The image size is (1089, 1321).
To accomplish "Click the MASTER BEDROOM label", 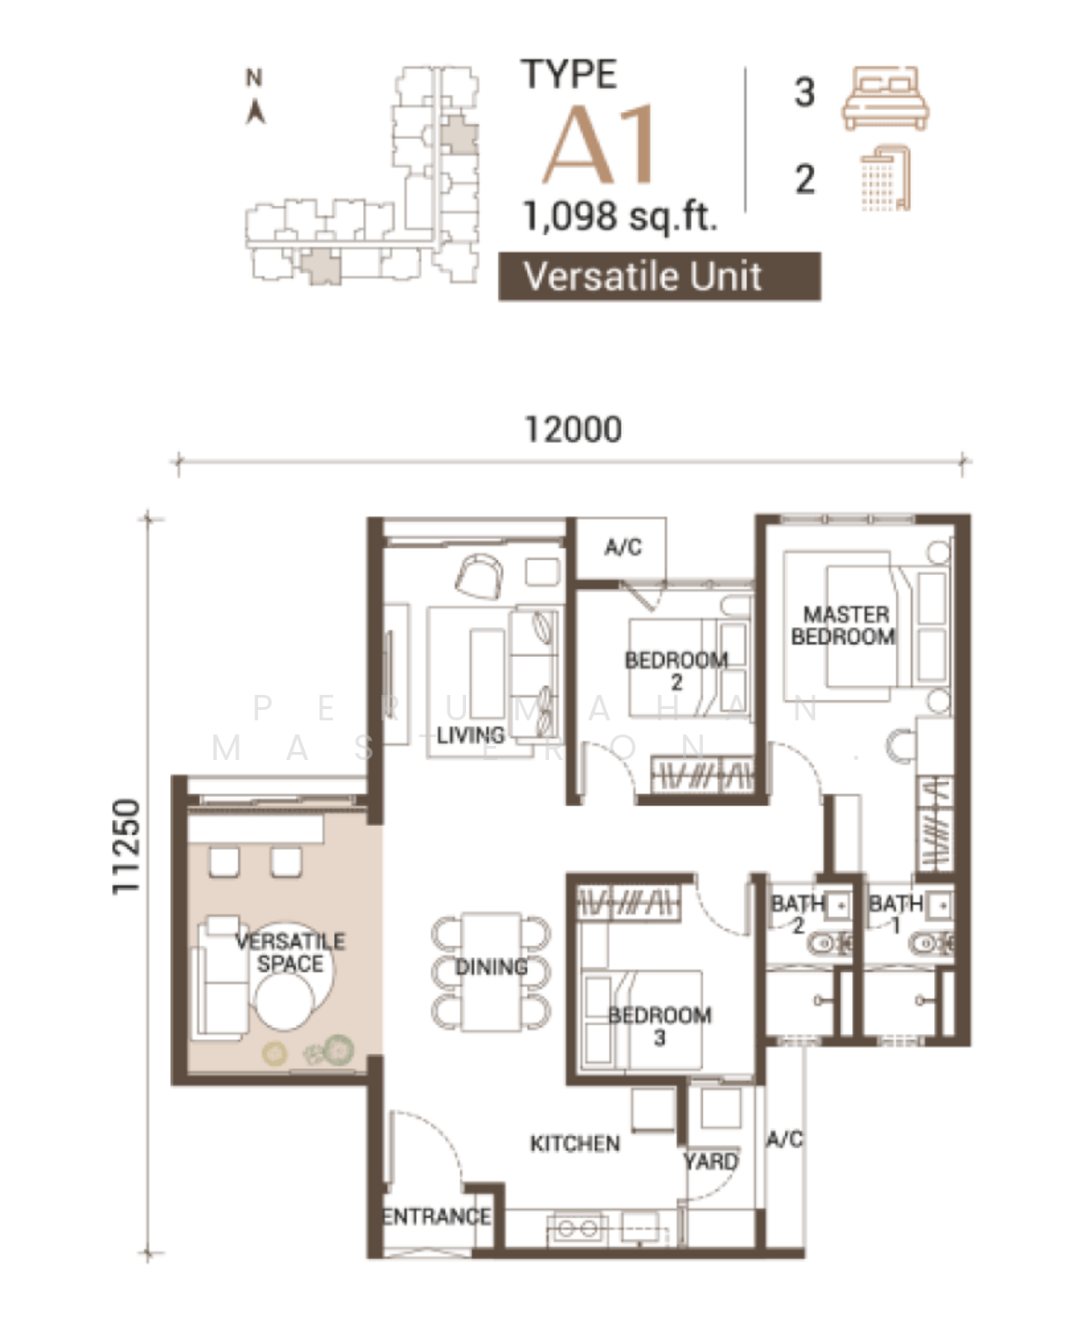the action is pyautogui.click(x=844, y=625).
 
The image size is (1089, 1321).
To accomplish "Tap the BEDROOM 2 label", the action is pyautogui.click(x=676, y=670).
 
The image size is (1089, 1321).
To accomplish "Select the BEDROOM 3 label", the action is pyautogui.click(x=660, y=1026).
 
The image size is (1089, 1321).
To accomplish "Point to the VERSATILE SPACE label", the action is pyautogui.click(x=290, y=952).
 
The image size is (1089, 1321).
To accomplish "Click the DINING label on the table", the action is pyautogui.click(x=492, y=967).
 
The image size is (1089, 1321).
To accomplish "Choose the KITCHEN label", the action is pyautogui.click(x=574, y=1143).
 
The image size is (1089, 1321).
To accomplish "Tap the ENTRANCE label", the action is pyautogui.click(x=437, y=1216).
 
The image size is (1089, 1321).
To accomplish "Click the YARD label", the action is pyautogui.click(x=711, y=1161).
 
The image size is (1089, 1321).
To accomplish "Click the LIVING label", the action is pyautogui.click(x=470, y=734).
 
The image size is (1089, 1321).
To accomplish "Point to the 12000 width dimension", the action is pyautogui.click(x=574, y=430).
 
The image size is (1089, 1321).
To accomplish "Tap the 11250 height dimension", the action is pyautogui.click(x=125, y=846).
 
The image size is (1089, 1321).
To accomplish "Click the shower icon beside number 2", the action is pyautogui.click(x=885, y=178).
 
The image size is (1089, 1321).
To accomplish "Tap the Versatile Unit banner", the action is pyautogui.click(x=660, y=277).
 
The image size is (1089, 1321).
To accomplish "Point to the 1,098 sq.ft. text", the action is pyautogui.click(x=620, y=217).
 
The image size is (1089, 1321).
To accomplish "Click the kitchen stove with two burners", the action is pyautogui.click(x=577, y=1229).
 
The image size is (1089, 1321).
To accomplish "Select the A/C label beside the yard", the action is pyautogui.click(x=784, y=1140).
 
